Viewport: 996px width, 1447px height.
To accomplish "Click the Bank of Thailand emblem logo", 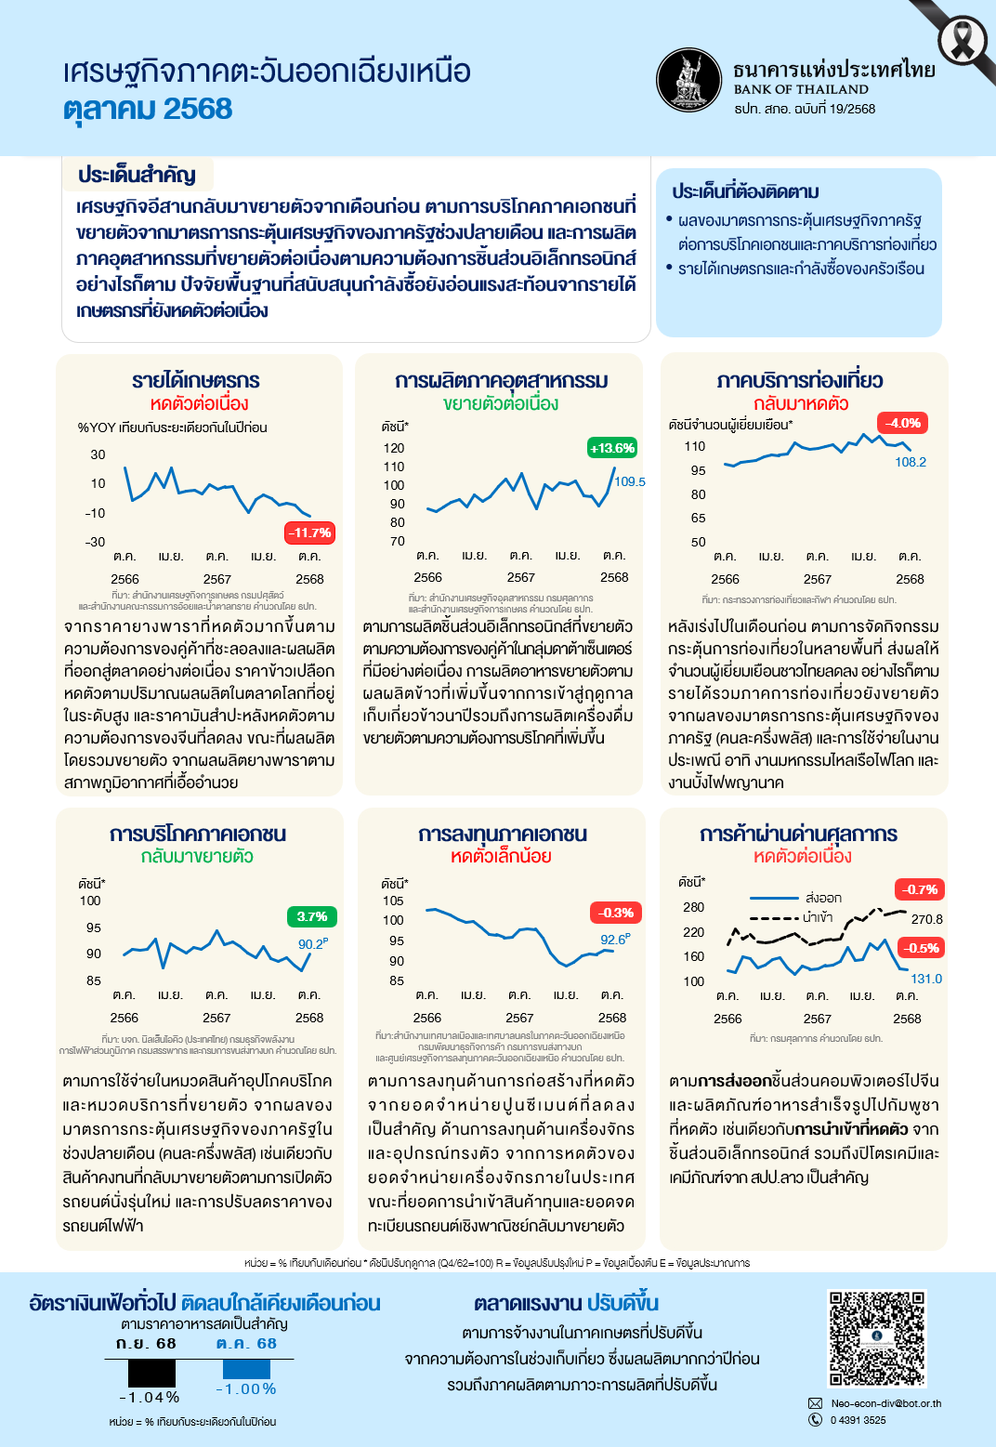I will click(688, 80).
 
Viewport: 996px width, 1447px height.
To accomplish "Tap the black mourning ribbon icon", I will click(963, 40).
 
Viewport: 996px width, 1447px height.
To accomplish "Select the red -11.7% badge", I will click(308, 533).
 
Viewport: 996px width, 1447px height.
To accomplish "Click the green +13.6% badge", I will click(611, 448).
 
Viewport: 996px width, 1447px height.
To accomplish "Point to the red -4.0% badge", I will click(902, 423).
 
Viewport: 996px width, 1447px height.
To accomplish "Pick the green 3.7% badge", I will click(311, 916).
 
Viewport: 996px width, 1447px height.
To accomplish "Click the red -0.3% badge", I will click(615, 913).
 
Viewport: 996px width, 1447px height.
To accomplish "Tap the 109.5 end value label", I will click(630, 481).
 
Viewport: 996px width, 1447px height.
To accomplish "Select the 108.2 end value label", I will click(911, 462).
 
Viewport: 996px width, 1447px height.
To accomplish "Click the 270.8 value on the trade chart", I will click(926, 919).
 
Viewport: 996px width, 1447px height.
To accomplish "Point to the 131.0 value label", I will click(926, 979).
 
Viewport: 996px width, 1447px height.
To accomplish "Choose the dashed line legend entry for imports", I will click(791, 918).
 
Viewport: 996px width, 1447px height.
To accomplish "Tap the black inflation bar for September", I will click(151, 1373).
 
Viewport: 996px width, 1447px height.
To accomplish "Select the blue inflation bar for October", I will click(246, 1369).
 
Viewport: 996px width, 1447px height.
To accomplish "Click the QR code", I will click(877, 1338).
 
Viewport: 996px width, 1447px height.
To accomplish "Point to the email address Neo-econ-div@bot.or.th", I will click(885, 1403).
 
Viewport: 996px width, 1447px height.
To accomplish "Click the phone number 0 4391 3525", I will click(858, 1420).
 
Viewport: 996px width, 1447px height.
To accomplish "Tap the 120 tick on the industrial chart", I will click(394, 448).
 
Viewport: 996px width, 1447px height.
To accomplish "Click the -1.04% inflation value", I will click(149, 1398).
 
